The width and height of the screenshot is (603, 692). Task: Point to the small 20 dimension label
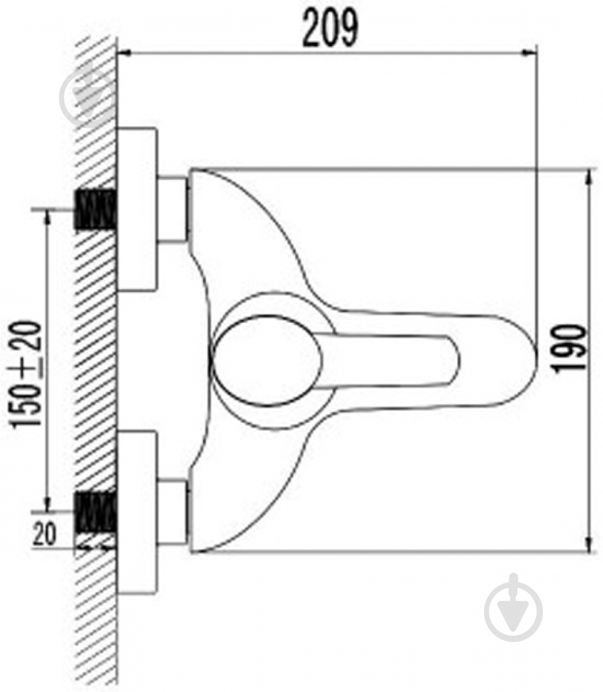[44, 534]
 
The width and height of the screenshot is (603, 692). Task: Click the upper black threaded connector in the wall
[96, 210]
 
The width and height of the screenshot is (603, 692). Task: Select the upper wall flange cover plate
[137, 210]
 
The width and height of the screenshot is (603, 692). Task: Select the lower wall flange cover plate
[137, 511]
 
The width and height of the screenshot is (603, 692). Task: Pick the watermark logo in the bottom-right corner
[513, 606]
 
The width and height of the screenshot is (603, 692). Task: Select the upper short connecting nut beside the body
[172, 210]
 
